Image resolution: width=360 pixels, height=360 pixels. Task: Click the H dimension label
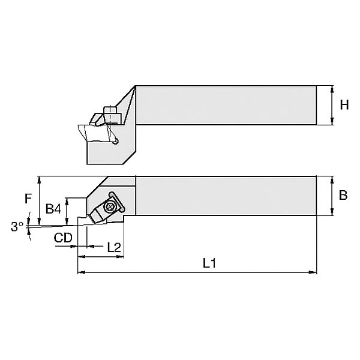pyautogui.click(x=344, y=104)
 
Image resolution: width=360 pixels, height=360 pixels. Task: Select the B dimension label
pyautogui.click(x=343, y=195)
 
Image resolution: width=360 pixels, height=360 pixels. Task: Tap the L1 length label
pyautogui.click(x=209, y=263)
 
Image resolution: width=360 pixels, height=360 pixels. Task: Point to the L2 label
pyautogui.click(x=114, y=247)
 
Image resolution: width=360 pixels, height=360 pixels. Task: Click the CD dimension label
pyautogui.click(x=63, y=238)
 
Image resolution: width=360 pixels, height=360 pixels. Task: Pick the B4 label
pyautogui.click(x=53, y=209)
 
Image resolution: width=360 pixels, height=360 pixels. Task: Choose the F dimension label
pyautogui.click(x=28, y=199)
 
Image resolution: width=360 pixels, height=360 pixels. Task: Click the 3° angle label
pyautogui.click(x=17, y=227)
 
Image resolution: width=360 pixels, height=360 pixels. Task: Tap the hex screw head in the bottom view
pyautogui.click(x=110, y=206)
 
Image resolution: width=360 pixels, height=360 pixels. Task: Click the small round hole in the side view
pyautogui.click(x=116, y=142)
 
